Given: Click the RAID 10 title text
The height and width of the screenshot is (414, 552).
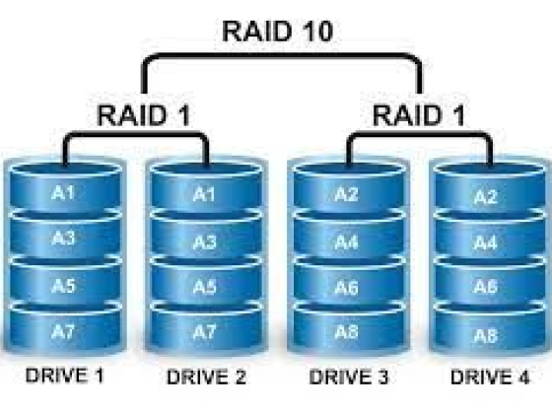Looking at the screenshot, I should coord(279,30).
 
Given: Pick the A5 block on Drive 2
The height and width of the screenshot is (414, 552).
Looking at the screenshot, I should coord(203,287).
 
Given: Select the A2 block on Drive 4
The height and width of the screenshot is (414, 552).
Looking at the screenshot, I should coord(485,197).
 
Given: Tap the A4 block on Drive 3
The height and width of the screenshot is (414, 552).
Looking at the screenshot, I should coord(345,241).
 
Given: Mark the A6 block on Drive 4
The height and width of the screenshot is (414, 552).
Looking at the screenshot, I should coord(485,287).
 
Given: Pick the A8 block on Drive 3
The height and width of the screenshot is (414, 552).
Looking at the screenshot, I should coord(345,332).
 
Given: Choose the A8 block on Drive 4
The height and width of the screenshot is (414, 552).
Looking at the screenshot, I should coord(485,334).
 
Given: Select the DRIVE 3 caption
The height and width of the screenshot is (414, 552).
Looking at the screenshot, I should coord(347,378).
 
